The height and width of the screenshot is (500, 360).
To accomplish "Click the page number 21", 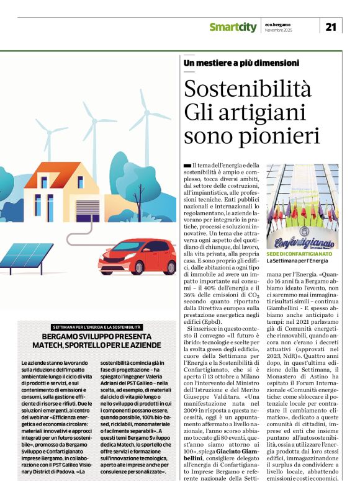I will pos(330,26).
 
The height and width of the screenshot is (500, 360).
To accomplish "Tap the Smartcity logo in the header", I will pos(232,27).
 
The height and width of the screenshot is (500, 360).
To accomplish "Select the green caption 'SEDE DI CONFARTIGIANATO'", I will pos(300,254).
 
